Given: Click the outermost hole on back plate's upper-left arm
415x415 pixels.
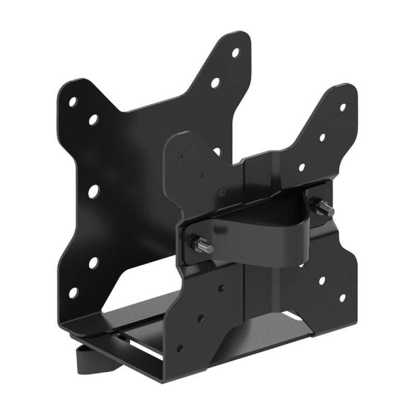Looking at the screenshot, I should click(x=73, y=102).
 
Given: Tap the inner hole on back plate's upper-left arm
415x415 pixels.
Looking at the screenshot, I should click(x=93, y=120).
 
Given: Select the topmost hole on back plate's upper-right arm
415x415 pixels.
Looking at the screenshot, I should click(x=235, y=52).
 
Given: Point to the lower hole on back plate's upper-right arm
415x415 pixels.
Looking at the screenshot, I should click(x=215, y=82).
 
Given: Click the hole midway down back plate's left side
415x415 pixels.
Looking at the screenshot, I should click(x=93, y=191).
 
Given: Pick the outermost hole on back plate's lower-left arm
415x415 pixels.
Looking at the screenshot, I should click(x=73, y=293).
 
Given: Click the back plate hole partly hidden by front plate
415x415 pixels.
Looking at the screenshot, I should click(x=217, y=151).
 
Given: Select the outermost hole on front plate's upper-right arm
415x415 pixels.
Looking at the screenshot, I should click(x=342, y=107).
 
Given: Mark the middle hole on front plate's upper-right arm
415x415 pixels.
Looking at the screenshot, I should click(x=322, y=137).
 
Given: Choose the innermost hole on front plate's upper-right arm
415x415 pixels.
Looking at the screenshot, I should click(x=301, y=168).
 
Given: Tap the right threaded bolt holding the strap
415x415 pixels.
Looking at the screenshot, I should click(x=325, y=209).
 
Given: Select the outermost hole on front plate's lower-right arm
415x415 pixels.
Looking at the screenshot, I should click(x=342, y=298).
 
